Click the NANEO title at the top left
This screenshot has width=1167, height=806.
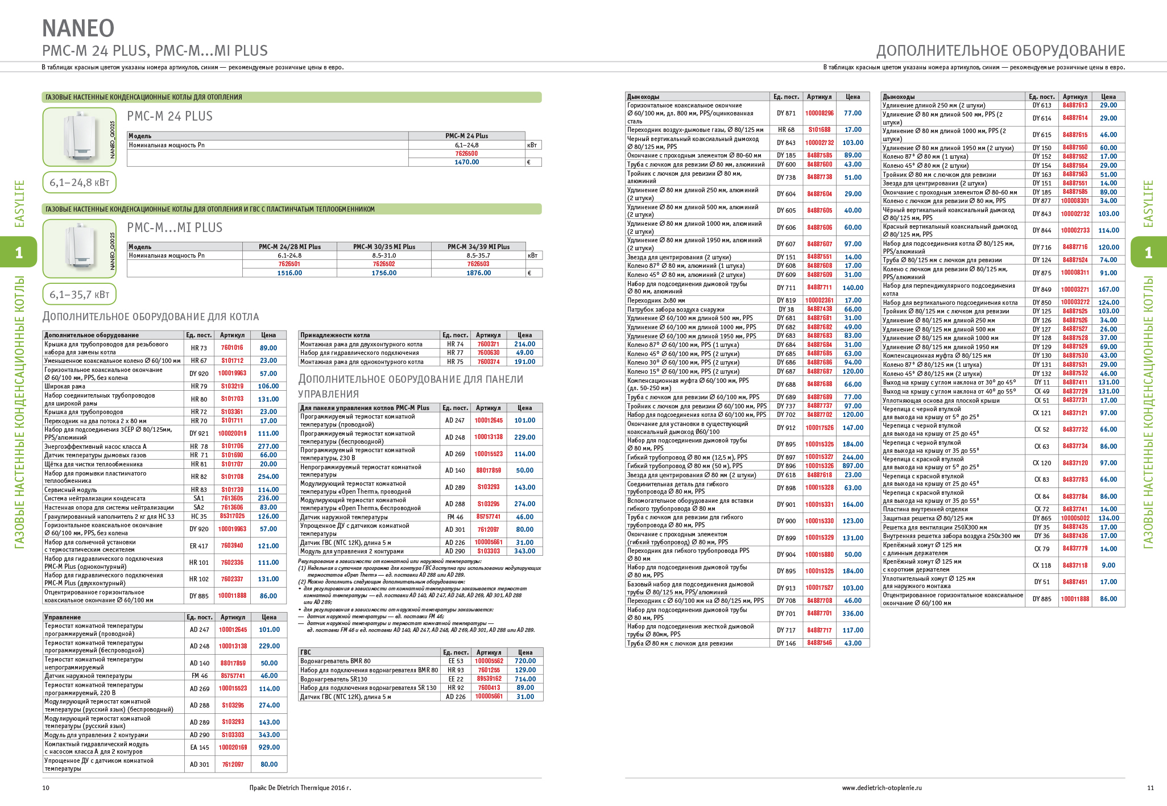(78, 28)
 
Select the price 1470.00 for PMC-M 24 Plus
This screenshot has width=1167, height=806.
(466, 162)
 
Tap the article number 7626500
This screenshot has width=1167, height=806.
(466, 154)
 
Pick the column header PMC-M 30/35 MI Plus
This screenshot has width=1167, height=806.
(384, 247)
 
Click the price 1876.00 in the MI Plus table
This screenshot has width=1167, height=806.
(478, 273)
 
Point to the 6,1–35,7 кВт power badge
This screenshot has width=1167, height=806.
(79, 295)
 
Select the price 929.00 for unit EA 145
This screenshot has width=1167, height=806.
(269, 747)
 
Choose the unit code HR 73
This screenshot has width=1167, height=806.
(199, 348)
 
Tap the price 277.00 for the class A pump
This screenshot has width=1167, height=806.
(268, 447)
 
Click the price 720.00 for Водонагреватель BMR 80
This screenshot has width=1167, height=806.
(525, 661)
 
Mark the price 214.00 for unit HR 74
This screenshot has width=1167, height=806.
(524, 344)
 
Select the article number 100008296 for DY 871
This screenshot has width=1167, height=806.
(819, 113)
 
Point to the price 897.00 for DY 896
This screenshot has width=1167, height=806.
(853, 466)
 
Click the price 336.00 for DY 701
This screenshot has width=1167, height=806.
(853, 614)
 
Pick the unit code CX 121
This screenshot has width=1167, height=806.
(1042, 413)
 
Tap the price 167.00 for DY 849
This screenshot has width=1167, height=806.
(1108, 290)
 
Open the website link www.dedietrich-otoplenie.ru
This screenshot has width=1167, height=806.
(882, 788)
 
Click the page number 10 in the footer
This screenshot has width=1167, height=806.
(46, 788)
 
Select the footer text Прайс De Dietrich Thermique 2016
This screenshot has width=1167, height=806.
(300, 788)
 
